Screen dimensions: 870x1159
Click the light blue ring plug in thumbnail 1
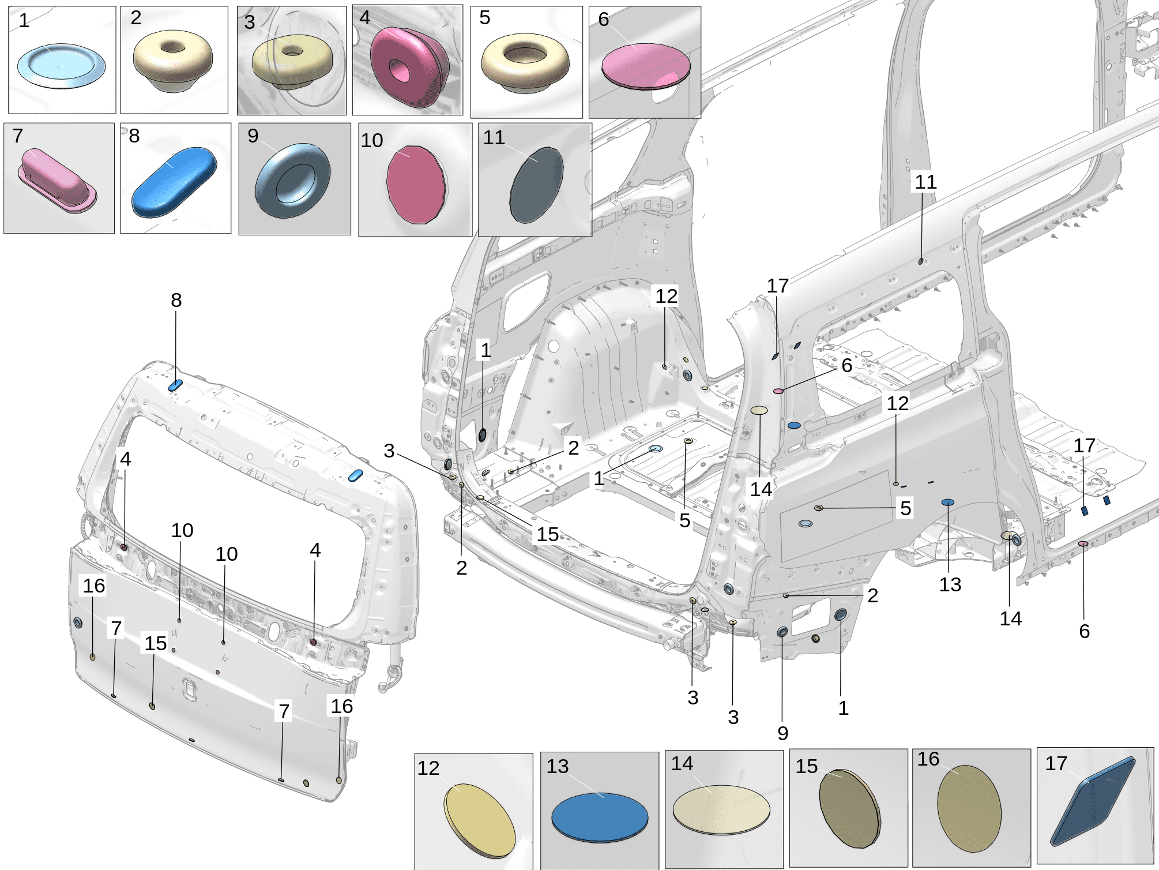[x=61, y=66]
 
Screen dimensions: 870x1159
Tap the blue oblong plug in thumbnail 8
[x=174, y=181]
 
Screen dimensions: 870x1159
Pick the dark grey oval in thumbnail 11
[x=536, y=185]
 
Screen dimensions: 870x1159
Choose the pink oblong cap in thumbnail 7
[x=57, y=179]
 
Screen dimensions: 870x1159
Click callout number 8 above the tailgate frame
[x=176, y=300]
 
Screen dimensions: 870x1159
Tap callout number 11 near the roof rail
[x=925, y=182]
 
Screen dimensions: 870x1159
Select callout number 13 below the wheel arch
[x=950, y=584]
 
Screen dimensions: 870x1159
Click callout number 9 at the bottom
[x=782, y=733]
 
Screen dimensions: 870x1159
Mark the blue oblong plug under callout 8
[x=175, y=385]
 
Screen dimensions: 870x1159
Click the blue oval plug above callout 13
[x=948, y=502]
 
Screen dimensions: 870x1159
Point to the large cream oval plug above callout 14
[x=759, y=410]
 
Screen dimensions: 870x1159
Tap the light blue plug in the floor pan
[x=656, y=449]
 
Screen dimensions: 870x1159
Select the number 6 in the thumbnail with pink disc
[x=604, y=20]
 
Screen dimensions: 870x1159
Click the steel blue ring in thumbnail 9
[x=292, y=181]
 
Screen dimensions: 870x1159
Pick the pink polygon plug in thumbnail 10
[x=416, y=184]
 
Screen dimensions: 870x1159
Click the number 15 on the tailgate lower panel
[x=156, y=643]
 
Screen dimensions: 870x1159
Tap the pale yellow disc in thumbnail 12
[x=480, y=819]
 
